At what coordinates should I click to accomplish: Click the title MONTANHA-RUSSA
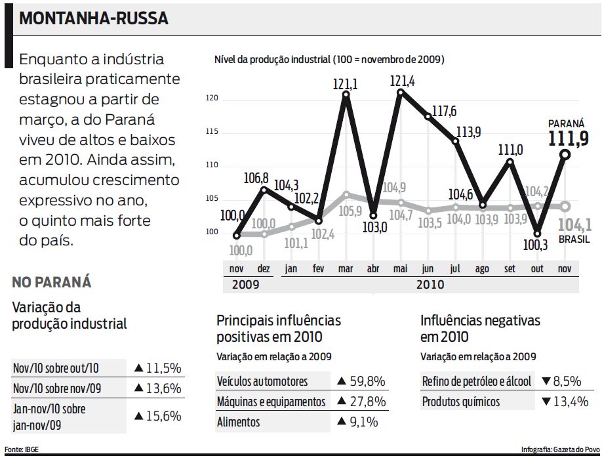click(x=94, y=18)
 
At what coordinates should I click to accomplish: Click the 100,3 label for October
click(x=536, y=245)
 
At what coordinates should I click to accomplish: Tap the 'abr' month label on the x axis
click(x=372, y=269)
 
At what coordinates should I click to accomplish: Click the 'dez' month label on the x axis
click(x=264, y=269)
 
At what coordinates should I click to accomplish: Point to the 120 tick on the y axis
click(x=211, y=99)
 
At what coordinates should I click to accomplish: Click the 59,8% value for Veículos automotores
click(x=361, y=381)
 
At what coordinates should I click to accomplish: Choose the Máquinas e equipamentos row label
click(x=271, y=401)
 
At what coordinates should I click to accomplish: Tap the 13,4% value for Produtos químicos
click(x=565, y=401)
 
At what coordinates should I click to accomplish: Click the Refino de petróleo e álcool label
click(x=477, y=381)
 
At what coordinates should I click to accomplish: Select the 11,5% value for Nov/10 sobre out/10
click(x=157, y=367)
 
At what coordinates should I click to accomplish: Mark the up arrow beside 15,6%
click(x=138, y=415)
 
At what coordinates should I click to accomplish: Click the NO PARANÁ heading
click(x=52, y=283)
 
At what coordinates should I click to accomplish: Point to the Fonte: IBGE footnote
click(x=22, y=449)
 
